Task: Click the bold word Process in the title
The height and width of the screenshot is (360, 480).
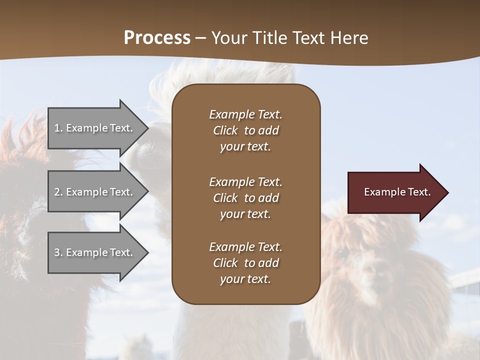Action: tap(157, 38)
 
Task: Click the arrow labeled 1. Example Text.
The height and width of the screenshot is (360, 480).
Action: tap(95, 128)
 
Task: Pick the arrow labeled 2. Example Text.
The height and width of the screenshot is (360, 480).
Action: tap(95, 192)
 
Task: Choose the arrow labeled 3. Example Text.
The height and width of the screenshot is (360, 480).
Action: tap(95, 252)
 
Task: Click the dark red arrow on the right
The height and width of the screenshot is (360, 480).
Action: tap(395, 192)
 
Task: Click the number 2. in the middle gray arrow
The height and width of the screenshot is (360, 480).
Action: tap(58, 192)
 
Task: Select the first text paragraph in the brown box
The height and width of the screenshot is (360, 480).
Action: tap(245, 130)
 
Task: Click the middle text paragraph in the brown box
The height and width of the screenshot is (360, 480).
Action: tap(245, 198)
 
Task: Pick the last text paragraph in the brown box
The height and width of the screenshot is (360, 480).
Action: tap(245, 263)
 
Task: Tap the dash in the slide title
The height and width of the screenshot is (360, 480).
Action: tap(201, 38)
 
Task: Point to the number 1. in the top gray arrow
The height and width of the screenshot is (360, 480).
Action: tap(58, 128)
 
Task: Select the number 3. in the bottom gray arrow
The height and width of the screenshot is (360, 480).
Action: tap(58, 252)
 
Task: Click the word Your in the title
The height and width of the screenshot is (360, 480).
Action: tap(228, 38)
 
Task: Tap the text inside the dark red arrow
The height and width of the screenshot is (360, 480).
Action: tap(397, 192)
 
